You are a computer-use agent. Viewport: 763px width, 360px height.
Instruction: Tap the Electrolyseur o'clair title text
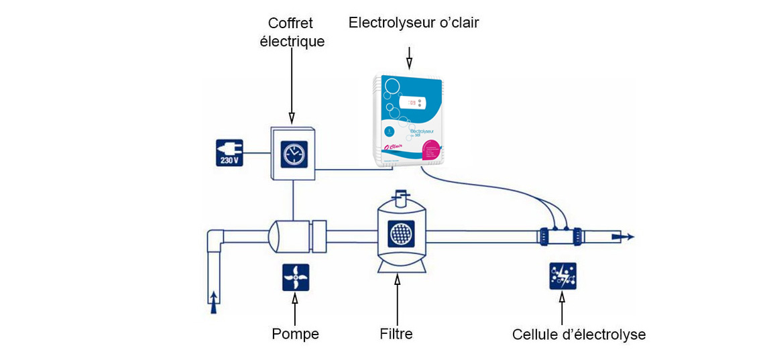pos(414,23)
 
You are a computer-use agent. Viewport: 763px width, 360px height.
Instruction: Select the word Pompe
pos(295,333)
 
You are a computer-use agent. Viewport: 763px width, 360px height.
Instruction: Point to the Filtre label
pos(397,333)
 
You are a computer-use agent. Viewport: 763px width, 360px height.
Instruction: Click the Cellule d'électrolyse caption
pos(579,334)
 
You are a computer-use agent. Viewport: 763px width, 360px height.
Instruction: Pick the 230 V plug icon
pos(229,152)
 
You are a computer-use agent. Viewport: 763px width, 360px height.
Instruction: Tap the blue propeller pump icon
pos(296,277)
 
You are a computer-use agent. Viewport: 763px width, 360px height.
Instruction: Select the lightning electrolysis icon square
pos(562,276)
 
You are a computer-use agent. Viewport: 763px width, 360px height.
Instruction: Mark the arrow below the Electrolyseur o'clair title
pos(409,59)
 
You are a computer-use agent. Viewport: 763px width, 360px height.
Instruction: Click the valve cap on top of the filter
pos(400,196)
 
